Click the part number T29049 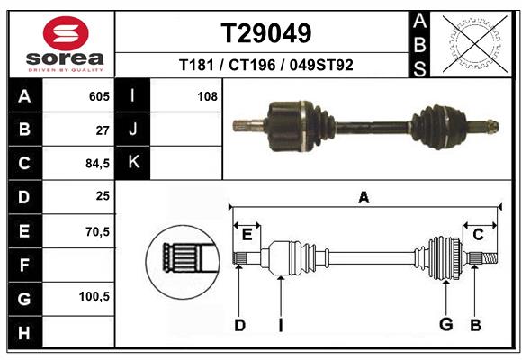click(266, 33)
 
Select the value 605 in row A click(98, 95)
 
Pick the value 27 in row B click(102, 130)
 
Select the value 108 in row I click(207, 95)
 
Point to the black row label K click(133, 163)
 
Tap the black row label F click(23, 265)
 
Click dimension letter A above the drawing click(364, 198)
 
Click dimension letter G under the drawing click(445, 325)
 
